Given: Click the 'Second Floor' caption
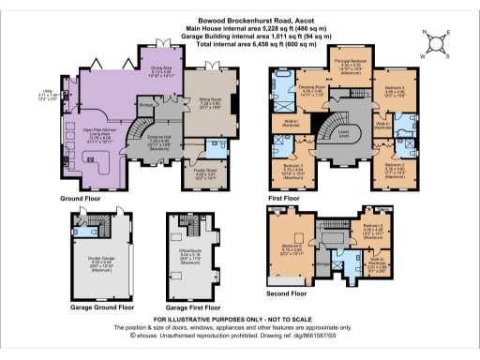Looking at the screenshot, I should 289,292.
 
